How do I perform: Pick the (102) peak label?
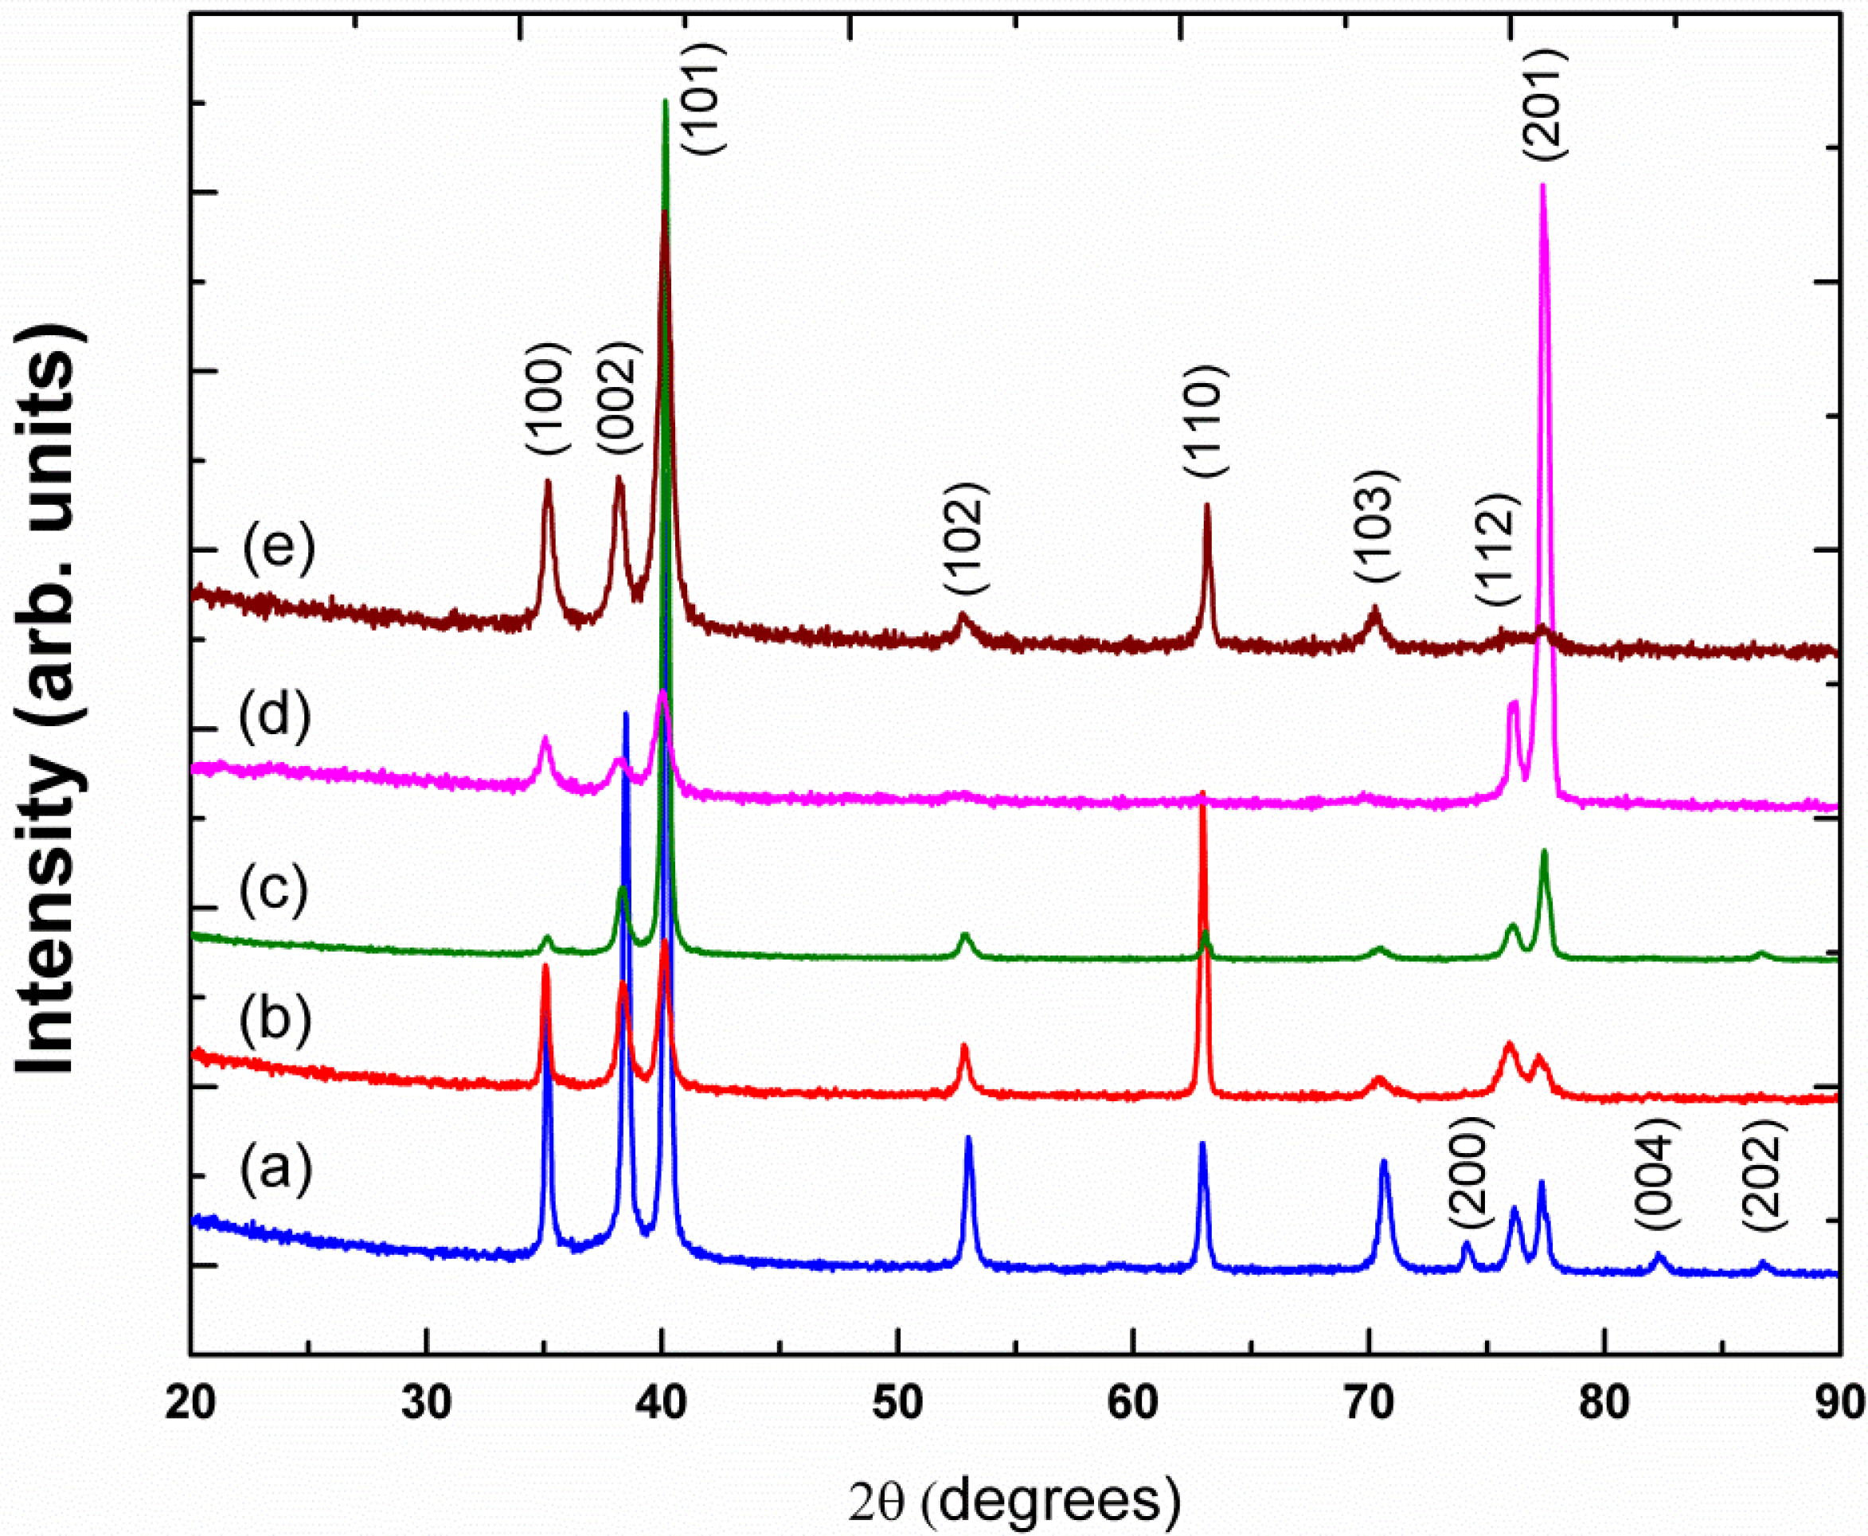tap(963, 539)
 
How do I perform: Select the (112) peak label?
tap(1497, 550)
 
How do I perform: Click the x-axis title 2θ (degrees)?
tap(1014, 1502)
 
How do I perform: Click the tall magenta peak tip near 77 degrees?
tap(1543, 185)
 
